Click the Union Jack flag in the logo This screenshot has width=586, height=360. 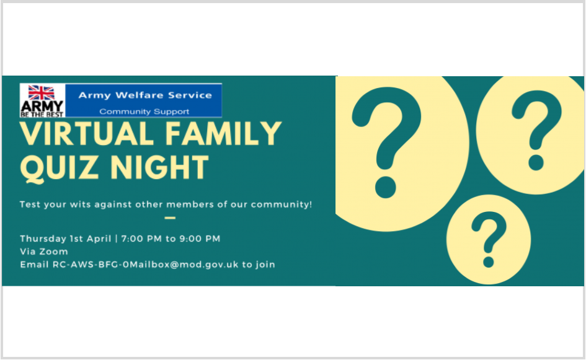41,92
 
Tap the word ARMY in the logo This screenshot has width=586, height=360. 42,107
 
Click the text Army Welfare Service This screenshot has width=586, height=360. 145,95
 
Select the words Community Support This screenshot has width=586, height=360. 144,112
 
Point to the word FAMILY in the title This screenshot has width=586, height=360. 223,133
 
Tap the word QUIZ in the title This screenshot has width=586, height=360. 60,168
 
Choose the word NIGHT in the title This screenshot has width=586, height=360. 159,167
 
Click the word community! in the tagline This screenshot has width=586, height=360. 282,204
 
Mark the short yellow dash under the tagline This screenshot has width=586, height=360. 170,217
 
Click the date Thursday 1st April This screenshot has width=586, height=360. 65,239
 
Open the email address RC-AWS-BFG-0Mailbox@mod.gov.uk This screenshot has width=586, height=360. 145,265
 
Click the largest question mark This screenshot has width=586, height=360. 387,143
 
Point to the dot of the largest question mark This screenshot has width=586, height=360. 385,188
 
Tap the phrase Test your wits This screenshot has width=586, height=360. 55,204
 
